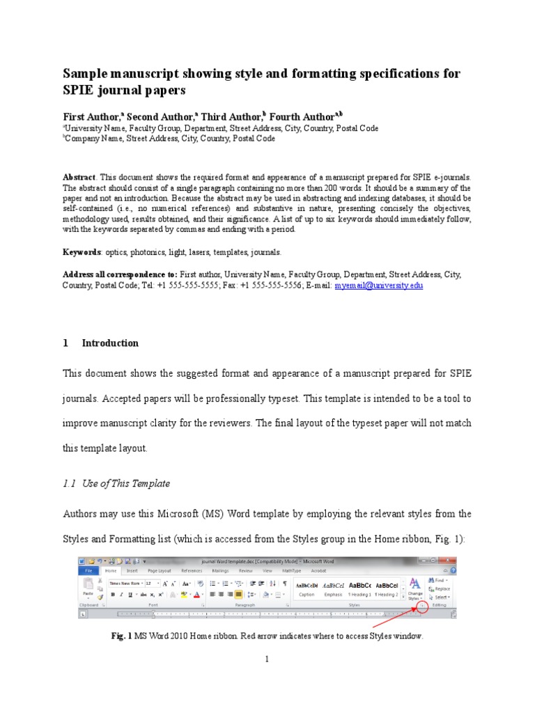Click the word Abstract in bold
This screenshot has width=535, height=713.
click(x=79, y=178)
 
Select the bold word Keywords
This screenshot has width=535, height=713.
click(x=82, y=252)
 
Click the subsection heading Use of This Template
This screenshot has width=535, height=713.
click(x=125, y=483)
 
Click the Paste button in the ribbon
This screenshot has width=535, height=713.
click(x=88, y=589)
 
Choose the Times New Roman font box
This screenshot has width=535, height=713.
click(x=125, y=583)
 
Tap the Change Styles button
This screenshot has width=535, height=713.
click(x=414, y=588)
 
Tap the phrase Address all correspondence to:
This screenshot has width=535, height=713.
click(x=120, y=274)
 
